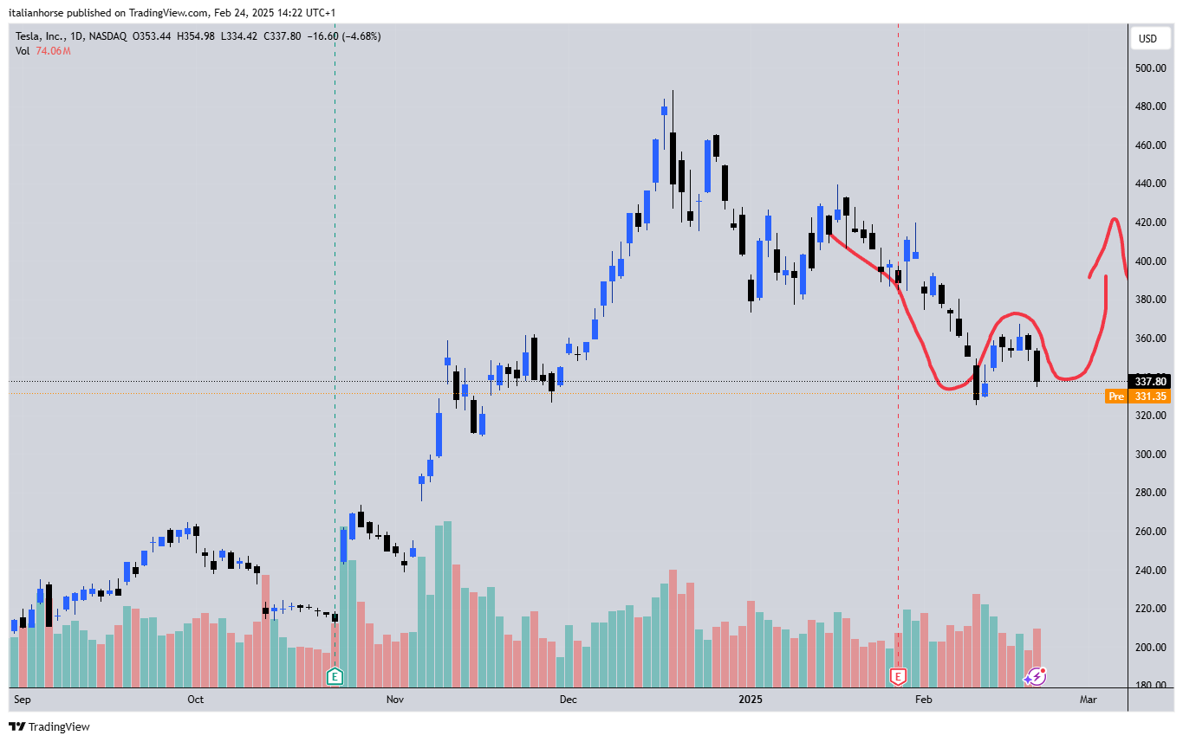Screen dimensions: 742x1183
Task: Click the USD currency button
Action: pos(1147,38)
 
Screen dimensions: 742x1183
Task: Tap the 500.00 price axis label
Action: pos(1150,68)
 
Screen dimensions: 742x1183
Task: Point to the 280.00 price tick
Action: pos(1150,493)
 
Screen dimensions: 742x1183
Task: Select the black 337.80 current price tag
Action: pos(1150,381)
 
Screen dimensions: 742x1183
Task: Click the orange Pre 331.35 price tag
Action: pos(1138,397)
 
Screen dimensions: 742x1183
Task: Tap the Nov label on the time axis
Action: pos(395,699)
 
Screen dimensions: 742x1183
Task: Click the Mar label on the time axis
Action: pos(1089,699)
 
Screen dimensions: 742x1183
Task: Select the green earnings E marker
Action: pos(335,676)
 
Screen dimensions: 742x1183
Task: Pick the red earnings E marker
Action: pos(899,675)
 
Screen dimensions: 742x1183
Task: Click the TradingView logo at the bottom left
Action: pos(49,726)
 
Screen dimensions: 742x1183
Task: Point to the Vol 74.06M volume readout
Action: pos(42,51)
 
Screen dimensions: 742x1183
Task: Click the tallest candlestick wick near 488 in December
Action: pos(673,95)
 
